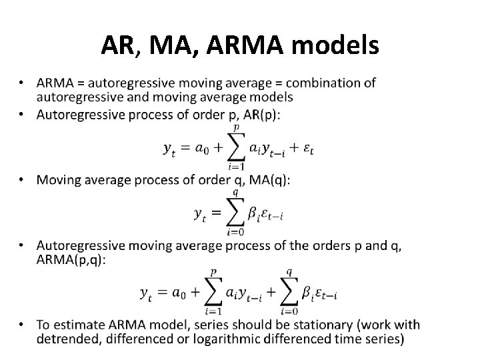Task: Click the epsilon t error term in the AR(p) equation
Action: point(307,150)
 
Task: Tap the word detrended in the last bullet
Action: point(66,339)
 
